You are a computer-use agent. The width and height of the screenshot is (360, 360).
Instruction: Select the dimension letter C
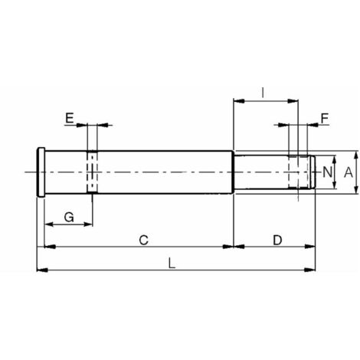click(143, 240)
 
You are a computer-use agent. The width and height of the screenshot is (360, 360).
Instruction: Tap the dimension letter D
click(277, 240)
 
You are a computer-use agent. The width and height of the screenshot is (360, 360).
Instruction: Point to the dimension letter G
click(67, 218)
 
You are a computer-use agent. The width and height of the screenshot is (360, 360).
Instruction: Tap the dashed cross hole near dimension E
click(92, 172)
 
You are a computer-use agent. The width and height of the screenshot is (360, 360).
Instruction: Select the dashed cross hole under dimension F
click(296, 172)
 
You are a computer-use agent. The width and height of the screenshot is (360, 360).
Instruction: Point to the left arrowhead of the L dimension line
click(41, 270)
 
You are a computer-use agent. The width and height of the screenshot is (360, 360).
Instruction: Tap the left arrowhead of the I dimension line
click(237, 100)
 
